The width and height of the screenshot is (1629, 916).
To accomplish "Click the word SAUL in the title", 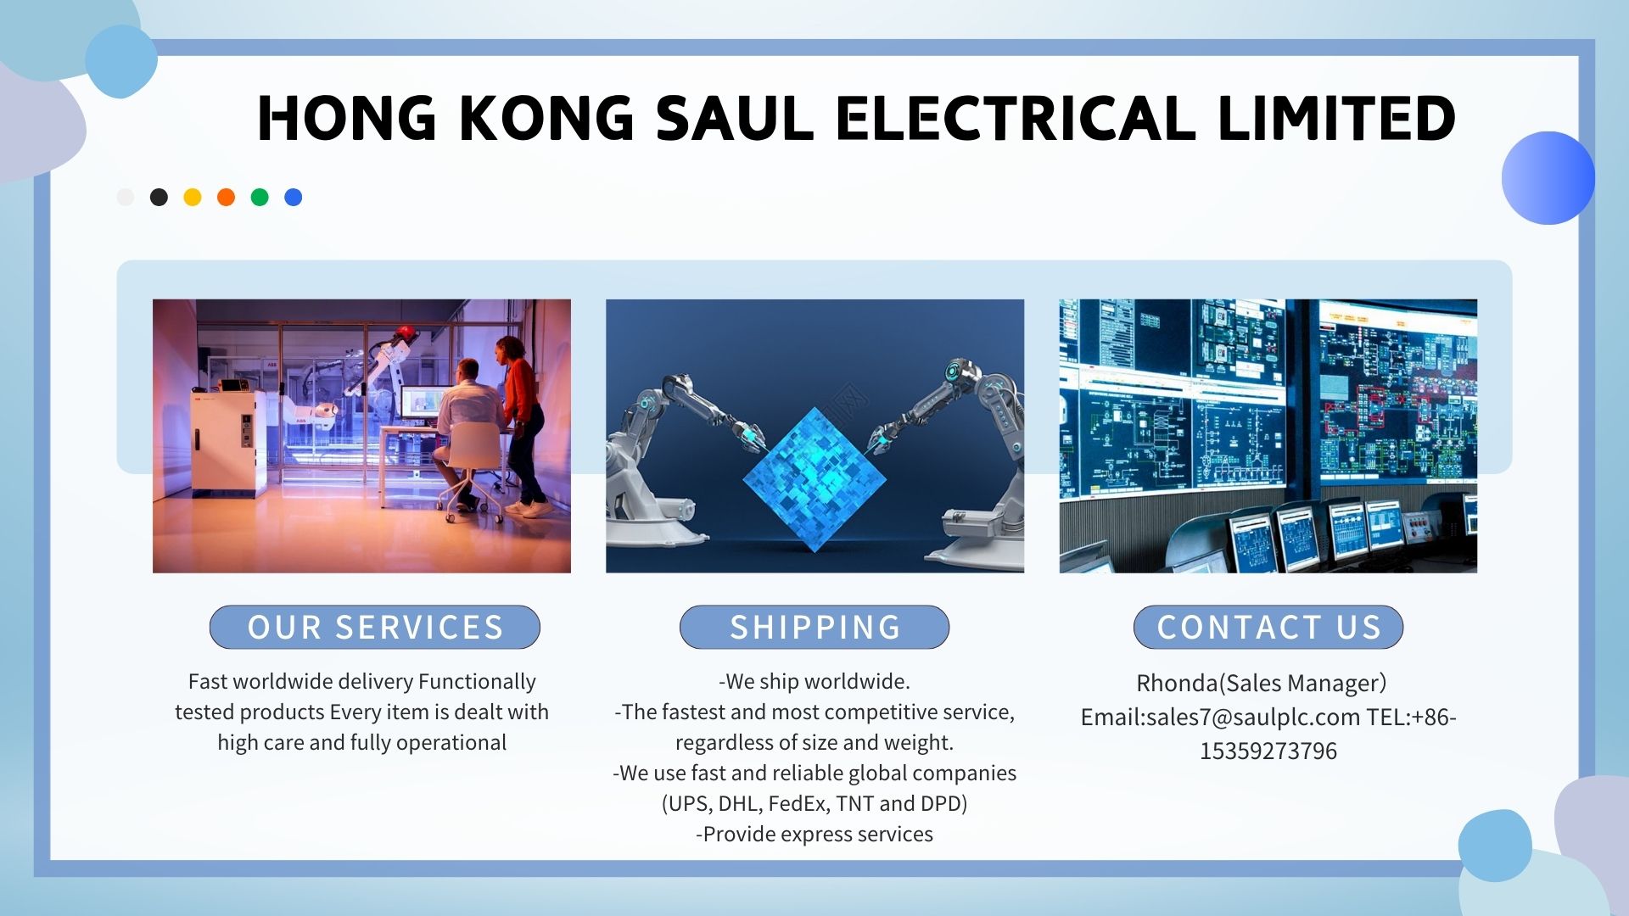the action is (x=735, y=118).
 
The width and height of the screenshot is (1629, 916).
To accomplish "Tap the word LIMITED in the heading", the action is (x=1336, y=118).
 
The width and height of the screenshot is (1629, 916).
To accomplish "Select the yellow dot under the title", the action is (x=193, y=197).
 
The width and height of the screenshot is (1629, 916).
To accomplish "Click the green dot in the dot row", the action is (x=260, y=197).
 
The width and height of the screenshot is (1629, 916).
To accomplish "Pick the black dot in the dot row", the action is (x=159, y=197).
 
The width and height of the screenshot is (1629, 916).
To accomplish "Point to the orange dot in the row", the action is (x=226, y=197).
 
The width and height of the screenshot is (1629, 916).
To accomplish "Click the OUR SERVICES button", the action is (x=375, y=627).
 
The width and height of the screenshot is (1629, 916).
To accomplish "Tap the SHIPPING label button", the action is (x=814, y=627).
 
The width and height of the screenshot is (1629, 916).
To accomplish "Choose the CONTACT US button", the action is (x=1268, y=627).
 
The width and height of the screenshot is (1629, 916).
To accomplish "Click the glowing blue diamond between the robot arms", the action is (x=814, y=480).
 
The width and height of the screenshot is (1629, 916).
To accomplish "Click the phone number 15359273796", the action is (x=1268, y=751).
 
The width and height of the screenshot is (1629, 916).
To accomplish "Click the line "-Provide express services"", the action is (x=814, y=835).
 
